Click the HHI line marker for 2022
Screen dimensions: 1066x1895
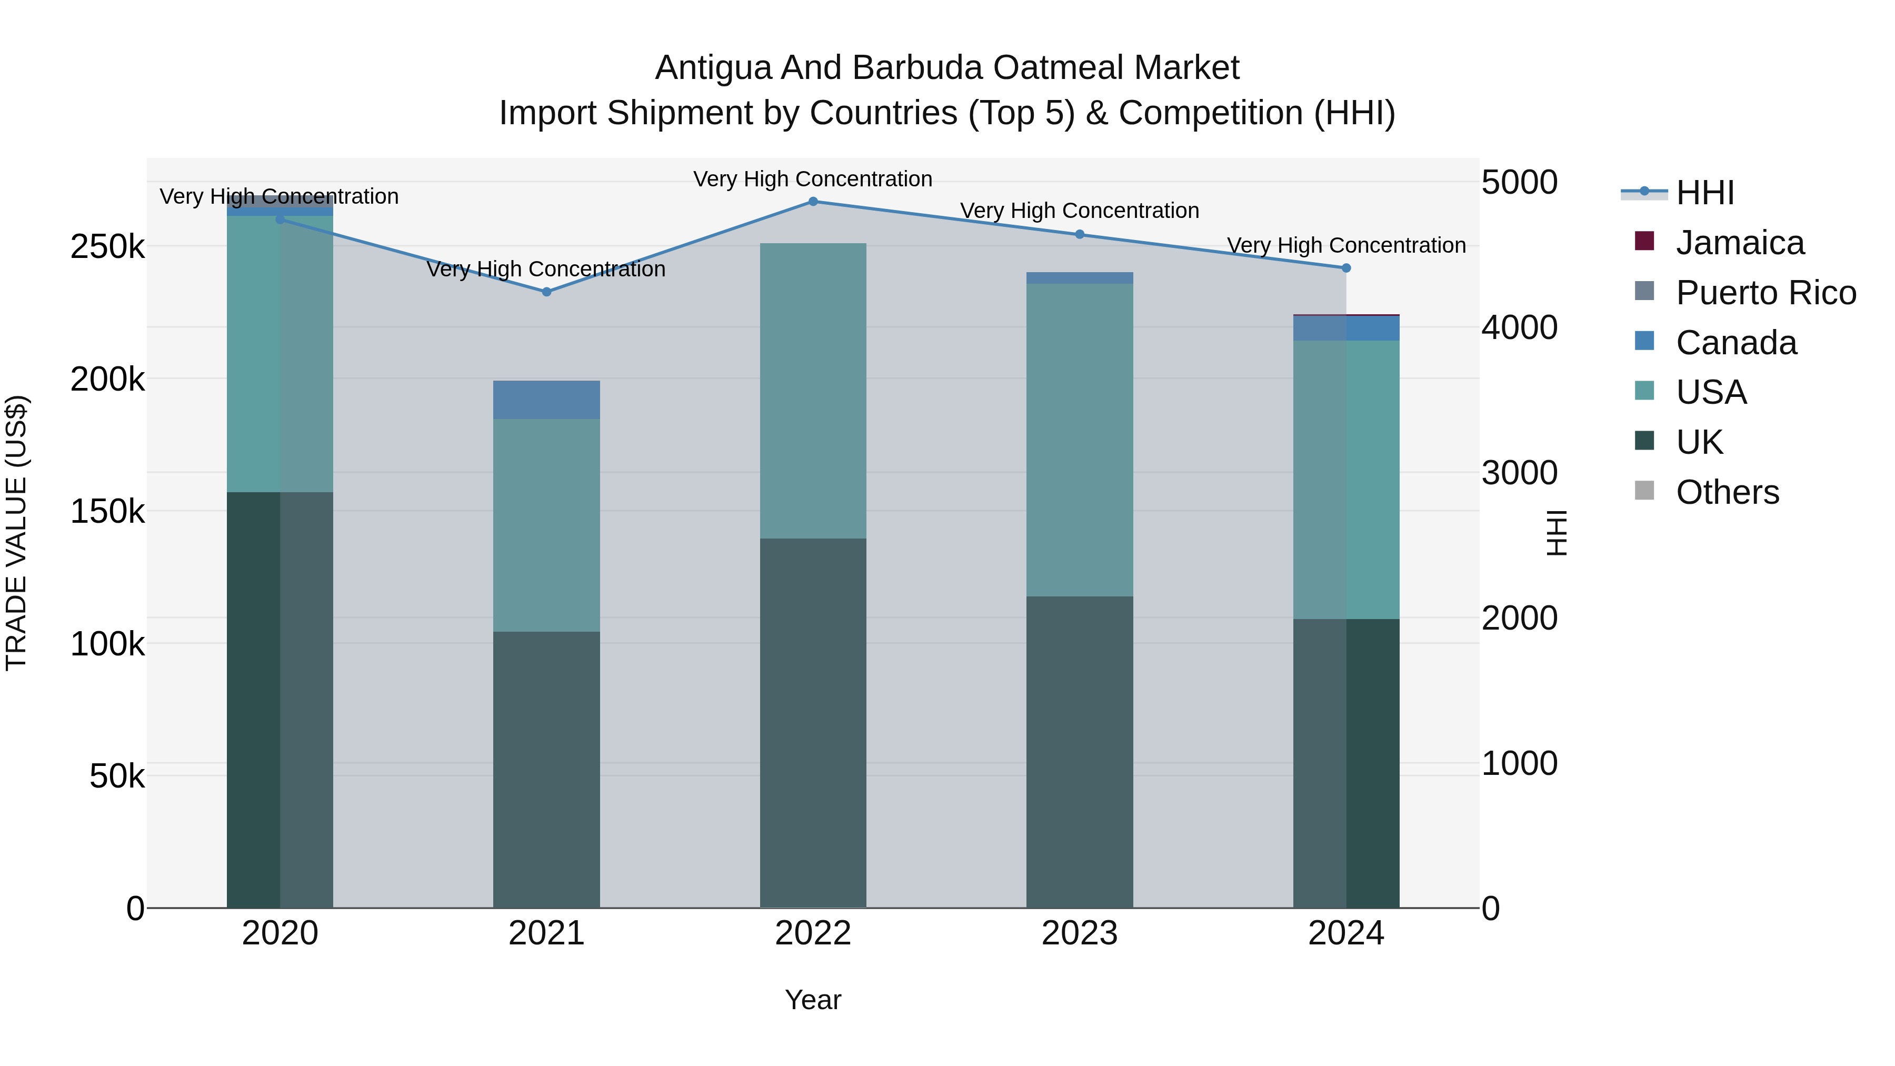(813, 202)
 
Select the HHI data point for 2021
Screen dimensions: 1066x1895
(546, 292)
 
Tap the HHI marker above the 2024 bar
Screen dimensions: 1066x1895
(1346, 268)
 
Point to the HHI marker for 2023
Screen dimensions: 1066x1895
(1080, 235)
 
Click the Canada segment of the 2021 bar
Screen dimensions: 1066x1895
(546, 400)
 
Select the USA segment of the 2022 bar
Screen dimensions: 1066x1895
(813, 391)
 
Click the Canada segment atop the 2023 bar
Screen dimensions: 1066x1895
(1080, 278)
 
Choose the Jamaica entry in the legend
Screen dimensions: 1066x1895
(1739, 243)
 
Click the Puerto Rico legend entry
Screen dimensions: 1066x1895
(1766, 293)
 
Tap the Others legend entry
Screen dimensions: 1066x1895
(1727, 492)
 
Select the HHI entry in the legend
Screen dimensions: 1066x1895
(1704, 193)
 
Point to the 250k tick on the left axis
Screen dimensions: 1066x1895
(107, 247)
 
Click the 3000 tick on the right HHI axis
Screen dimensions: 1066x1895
(1519, 473)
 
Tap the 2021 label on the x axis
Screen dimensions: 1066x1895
(546, 933)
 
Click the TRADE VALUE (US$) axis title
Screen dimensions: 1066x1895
(16, 533)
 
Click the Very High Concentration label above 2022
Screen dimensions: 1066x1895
(813, 180)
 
